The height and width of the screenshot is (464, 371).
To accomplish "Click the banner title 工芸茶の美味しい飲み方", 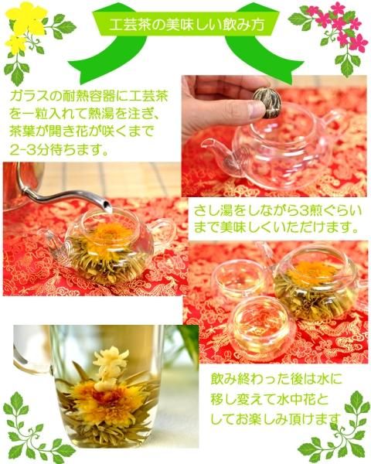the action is (x=186, y=25).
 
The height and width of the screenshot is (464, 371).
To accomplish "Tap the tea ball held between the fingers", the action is (x=267, y=103).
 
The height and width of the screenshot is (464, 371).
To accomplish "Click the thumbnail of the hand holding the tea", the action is (x=274, y=136).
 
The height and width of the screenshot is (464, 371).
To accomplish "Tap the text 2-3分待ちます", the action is (x=58, y=150).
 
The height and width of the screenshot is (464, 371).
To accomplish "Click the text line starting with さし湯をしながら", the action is (x=277, y=211).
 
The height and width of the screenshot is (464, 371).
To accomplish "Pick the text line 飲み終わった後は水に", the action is (x=277, y=379).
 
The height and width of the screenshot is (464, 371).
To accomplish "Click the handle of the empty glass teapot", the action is (x=333, y=124).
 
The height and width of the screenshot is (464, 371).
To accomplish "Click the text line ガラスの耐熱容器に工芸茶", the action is (x=89, y=97).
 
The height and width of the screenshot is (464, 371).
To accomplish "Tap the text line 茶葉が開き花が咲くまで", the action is (x=82, y=132).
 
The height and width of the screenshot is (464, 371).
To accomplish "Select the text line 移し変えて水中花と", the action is (x=270, y=399).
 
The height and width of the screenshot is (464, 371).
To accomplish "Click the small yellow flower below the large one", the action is (x=16, y=44).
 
